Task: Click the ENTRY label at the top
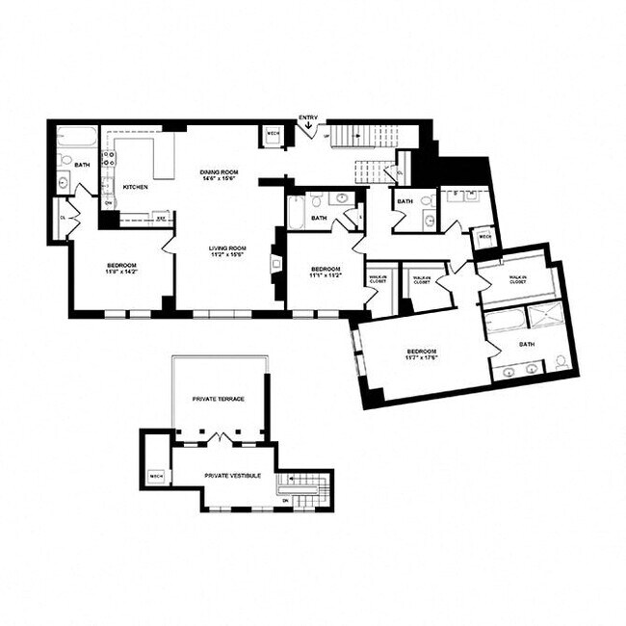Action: (x=308, y=117)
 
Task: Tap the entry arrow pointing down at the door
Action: (x=308, y=132)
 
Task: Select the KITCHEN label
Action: (x=135, y=187)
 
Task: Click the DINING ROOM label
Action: (x=218, y=171)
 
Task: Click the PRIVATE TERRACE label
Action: (x=218, y=398)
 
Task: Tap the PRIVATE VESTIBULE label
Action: (x=227, y=475)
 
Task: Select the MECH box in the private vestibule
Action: (x=156, y=477)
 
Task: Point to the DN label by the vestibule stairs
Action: (x=285, y=500)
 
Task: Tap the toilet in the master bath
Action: (x=560, y=362)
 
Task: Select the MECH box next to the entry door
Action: (x=273, y=134)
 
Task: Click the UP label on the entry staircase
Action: (x=327, y=137)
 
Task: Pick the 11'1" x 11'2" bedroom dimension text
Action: (x=326, y=273)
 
